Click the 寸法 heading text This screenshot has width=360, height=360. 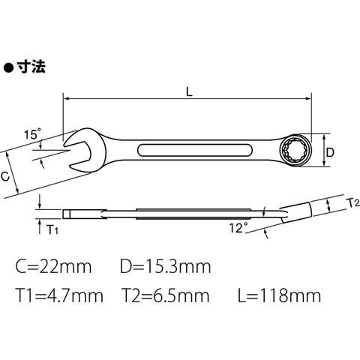tap(31, 67)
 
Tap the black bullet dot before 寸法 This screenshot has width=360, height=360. tap(8, 67)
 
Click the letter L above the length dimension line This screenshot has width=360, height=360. tap(189, 92)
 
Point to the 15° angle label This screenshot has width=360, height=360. tap(33, 134)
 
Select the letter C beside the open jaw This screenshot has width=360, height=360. tap(5, 176)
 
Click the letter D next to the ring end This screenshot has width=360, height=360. tap(330, 152)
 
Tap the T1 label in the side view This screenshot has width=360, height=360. tap(52, 229)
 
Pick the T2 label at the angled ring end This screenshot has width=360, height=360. tap(354, 203)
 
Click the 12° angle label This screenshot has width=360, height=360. tap(238, 228)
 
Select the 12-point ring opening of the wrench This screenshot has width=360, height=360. tap(295, 151)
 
